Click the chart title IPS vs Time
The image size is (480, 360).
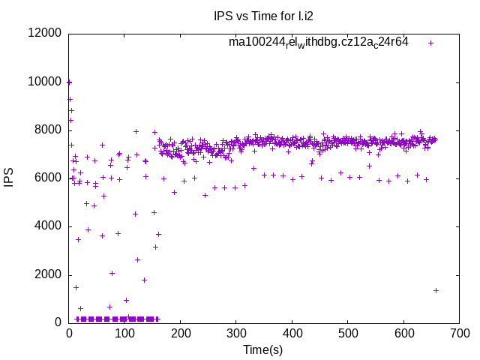[263, 15]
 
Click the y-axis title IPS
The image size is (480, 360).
[9, 178]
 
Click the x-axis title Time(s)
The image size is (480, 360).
[263, 350]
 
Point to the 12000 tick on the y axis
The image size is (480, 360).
[43, 33]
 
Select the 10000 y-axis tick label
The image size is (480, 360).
[43, 82]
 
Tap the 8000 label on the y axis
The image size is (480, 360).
[46, 130]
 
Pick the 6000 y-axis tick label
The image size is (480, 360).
[46, 178]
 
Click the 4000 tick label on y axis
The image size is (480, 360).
[46, 226]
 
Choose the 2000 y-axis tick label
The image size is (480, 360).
[46, 274]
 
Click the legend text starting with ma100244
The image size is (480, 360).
[318, 43]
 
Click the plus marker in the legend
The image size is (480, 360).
[430, 43]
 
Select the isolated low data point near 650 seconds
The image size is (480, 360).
[436, 290]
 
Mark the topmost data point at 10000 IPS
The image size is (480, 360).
[69, 82]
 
